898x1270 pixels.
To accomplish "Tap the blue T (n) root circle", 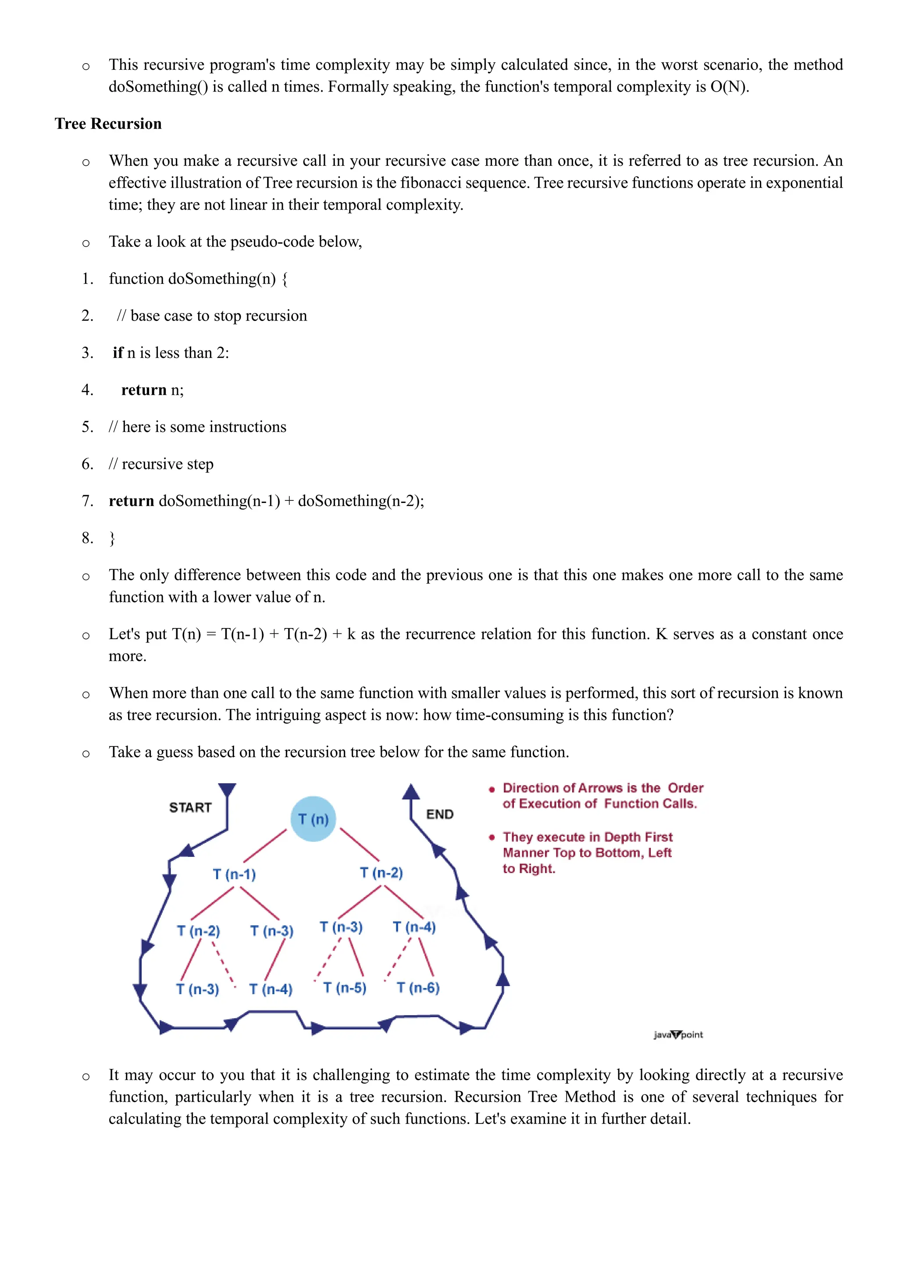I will pyautogui.click(x=313, y=819).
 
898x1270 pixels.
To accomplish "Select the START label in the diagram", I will pyautogui.click(x=190, y=808).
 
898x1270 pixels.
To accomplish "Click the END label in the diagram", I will pyautogui.click(x=440, y=814).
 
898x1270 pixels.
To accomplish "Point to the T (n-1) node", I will pyautogui.click(x=235, y=874).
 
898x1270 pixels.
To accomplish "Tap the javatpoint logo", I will pyautogui.click(x=678, y=1035).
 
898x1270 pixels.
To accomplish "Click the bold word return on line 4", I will pyautogui.click(x=144, y=390).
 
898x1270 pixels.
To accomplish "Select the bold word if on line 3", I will pyautogui.click(x=118, y=353).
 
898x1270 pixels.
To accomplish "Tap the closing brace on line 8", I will pyautogui.click(x=112, y=538).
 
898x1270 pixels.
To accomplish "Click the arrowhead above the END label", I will pyautogui.click(x=411, y=792).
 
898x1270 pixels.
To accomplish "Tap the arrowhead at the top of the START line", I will pyautogui.click(x=227, y=789).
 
